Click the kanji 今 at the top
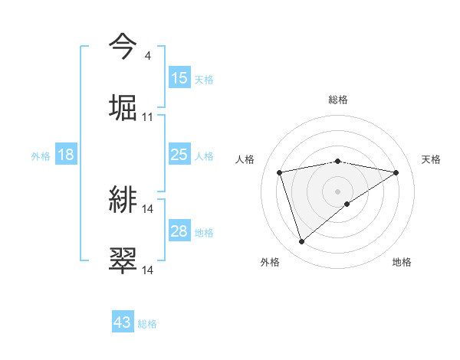[123, 46]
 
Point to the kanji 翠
[123, 260]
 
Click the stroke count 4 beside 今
[147, 57]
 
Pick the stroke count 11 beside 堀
[148, 117]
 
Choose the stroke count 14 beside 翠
[148, 270]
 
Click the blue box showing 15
[179, 78]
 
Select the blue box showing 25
[179, 155]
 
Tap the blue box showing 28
[179, 232]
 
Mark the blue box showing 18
[66, 155]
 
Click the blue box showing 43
[123, 323]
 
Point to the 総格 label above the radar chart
[338, 100]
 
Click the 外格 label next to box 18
[41, 156]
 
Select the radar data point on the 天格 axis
[396, 172]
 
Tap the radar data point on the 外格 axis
[301, 242]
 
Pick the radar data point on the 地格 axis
[347, 204]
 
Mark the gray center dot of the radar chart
[338, 191]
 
